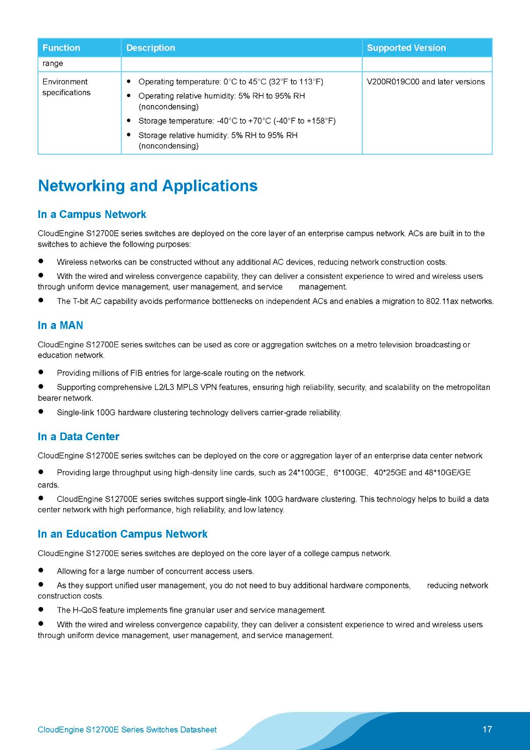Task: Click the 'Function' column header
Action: click(61, 48)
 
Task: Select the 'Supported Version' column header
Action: click(406, 48)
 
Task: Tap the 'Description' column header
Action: click(150, 48)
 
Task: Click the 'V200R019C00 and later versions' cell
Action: click(425, 82)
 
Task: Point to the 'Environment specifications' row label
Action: click(66, 87)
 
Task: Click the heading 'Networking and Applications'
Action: click(148, 186)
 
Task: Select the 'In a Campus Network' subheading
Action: click(92, 214)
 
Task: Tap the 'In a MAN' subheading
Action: click(60, 325)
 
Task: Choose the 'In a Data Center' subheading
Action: click(78, 436)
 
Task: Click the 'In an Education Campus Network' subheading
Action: click(122, 534)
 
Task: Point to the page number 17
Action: click(487, 729)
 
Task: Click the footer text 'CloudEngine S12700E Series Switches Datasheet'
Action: click(127, 729)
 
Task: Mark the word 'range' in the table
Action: click(52, 63)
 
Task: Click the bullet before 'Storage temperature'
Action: click(129, 120)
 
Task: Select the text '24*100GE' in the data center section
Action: click(307, 472)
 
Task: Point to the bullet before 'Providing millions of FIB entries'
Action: click(41, 372)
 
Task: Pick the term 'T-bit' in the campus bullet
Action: click(80, 301)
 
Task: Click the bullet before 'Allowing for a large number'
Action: click(41, 570)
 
